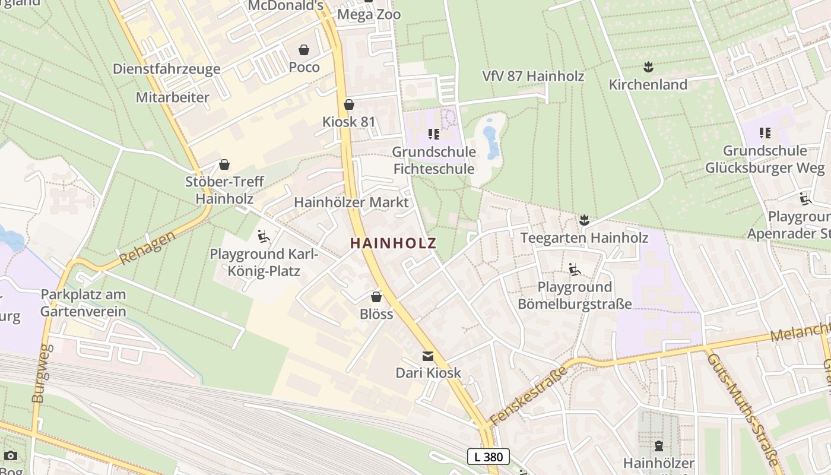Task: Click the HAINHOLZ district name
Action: (x=393, y=243)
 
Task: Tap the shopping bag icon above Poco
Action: (x=304, y=50)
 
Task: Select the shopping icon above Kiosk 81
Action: (x=349, y=104)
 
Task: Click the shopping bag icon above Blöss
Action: (x=376, y=296)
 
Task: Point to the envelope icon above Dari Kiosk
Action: (x=427, y=356)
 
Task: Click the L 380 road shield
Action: (x=489, y=457)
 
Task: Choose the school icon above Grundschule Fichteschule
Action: (x=433, y=134)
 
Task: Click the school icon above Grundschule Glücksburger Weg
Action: (x=765, y=133)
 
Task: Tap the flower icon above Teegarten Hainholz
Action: (x=584, y=221)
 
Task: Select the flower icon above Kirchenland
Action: (x=648, y=67)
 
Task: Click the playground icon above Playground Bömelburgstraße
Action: (x=574, y=270)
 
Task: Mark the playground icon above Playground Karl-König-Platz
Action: (x=264, y=237)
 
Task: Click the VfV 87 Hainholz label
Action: (x=533, y=76)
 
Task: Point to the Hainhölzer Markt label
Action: (x=351, y=202)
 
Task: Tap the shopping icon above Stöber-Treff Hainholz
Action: (x=224, y=164)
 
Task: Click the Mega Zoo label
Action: (x=369, y=14)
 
